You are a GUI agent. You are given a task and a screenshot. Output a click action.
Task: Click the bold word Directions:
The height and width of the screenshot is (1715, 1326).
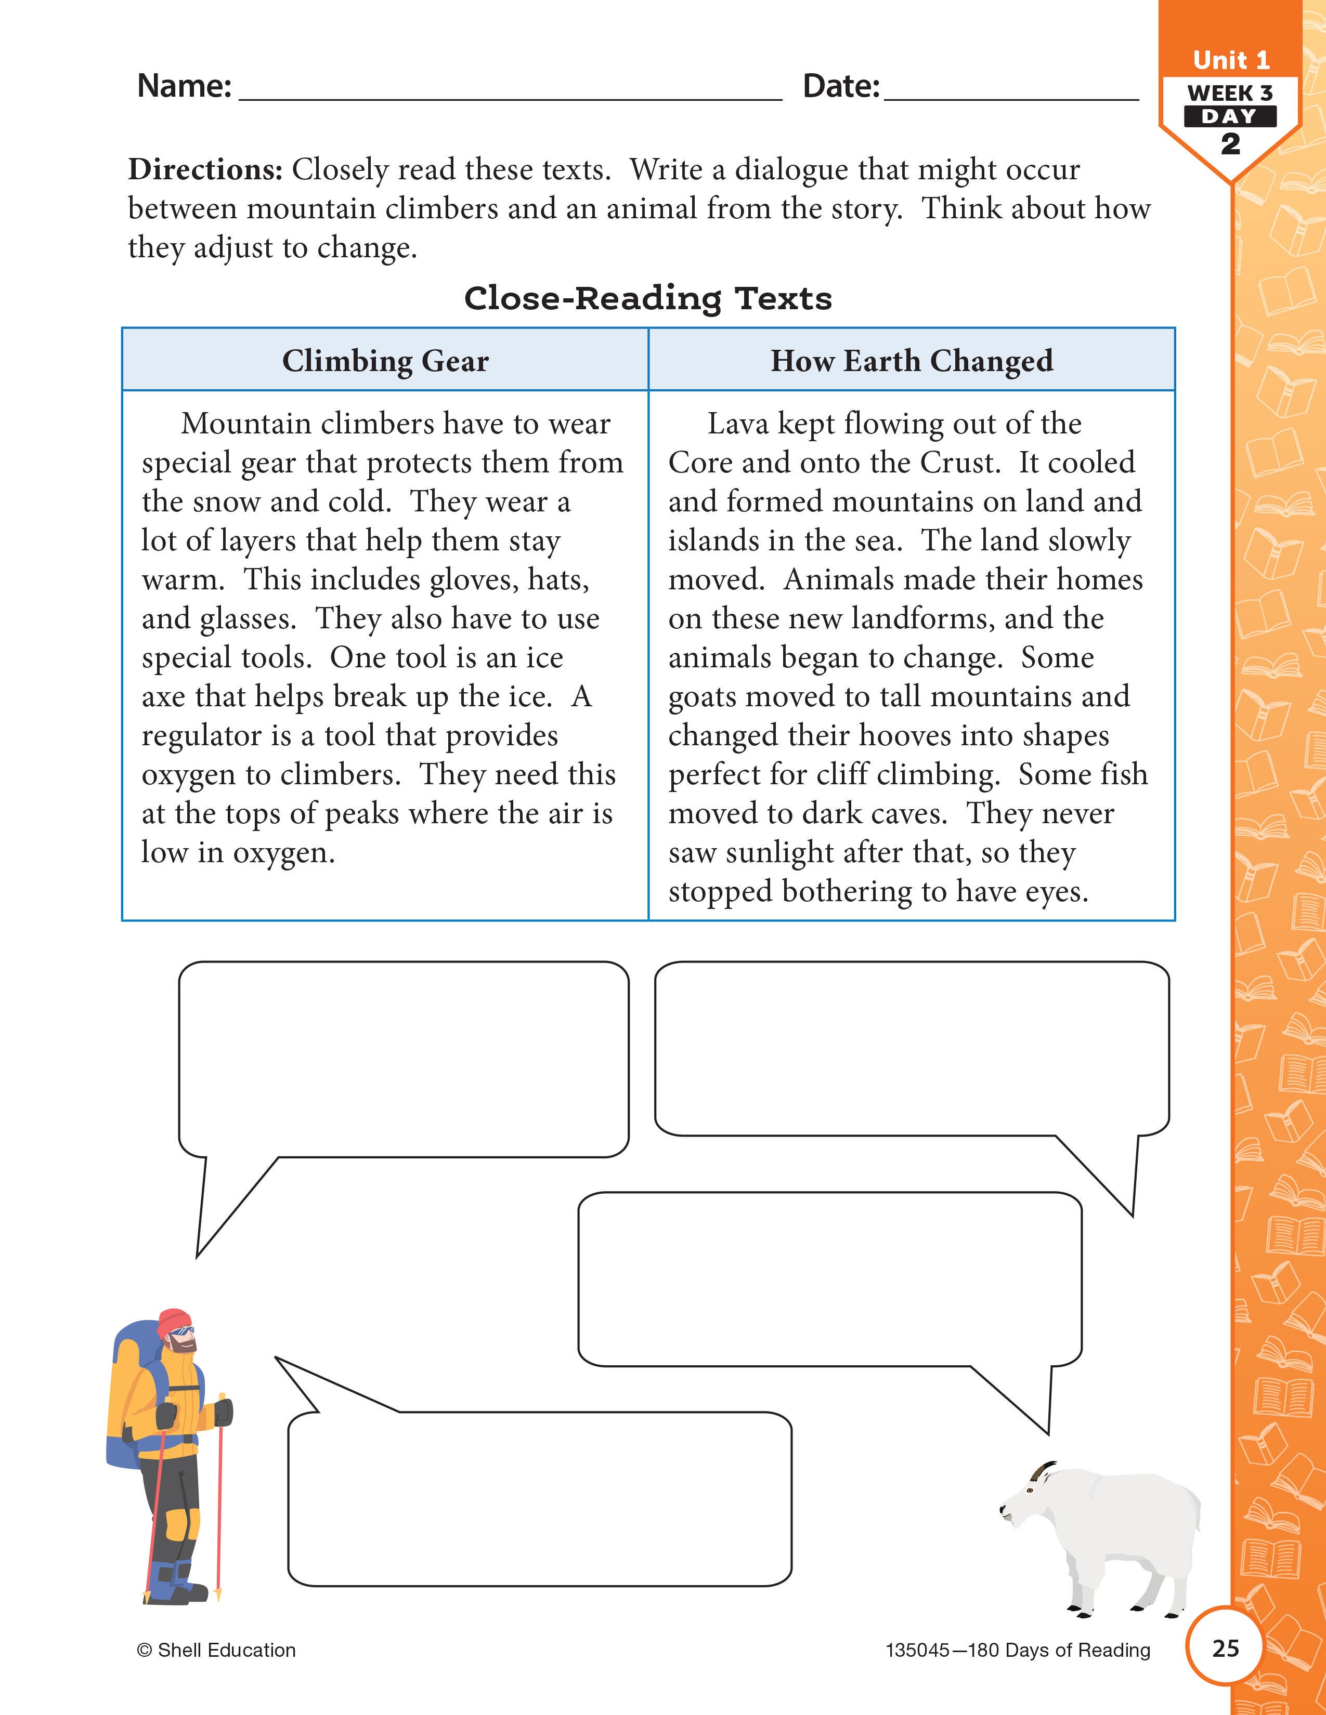tap(205, 169)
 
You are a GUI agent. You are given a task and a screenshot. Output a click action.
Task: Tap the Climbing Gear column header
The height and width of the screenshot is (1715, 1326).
tap(385, 361)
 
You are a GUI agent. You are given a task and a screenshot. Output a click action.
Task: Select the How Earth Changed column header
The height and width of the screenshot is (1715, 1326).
tap(911, 361)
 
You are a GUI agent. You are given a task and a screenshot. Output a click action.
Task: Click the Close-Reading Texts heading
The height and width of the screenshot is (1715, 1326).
tap(648, 298)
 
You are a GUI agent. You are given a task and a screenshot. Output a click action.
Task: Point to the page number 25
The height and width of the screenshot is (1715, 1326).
tap(1226, 1647)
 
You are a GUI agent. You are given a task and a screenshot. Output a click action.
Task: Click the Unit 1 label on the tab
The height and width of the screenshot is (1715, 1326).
tap(1230, 60)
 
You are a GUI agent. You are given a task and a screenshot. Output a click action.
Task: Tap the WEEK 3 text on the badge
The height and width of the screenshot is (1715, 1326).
tap(1230, 93)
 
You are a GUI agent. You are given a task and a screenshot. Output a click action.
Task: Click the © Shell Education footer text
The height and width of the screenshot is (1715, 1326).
tap(216, 1650)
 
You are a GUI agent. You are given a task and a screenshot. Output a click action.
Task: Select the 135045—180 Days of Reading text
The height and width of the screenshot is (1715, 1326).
tap(1017, 1651)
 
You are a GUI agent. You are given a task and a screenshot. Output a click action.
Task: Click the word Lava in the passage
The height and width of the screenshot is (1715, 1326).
tap(737, 424)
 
